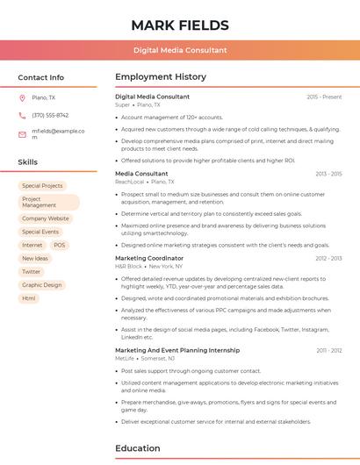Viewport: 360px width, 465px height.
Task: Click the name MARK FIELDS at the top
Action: (180, 25)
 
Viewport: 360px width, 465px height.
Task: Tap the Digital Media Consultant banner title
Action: (180, 50)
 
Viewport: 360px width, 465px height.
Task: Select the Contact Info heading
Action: (41, 77)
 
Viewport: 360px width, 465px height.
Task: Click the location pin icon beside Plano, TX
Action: (22, 97)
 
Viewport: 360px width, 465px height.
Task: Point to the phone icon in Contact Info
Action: (22, 115)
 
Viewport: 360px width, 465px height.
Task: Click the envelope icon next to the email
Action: (22, 134)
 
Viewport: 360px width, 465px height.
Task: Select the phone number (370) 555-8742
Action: (50, 115)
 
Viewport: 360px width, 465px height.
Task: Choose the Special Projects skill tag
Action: (42, 186)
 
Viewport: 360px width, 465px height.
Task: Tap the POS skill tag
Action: (60, 245)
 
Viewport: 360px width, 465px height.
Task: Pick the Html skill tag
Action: (29, 298)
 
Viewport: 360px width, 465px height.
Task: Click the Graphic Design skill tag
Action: (42, 285)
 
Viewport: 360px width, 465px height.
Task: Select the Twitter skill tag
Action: (32, 272)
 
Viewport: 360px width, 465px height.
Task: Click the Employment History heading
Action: (161, 77)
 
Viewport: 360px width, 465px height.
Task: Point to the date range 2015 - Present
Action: (324, 97)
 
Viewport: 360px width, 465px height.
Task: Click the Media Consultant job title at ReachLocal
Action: (140, 174)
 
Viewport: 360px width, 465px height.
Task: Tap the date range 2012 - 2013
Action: (328, 259)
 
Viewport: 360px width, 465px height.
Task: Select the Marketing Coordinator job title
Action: (149, 259)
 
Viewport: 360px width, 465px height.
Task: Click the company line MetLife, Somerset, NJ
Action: (145, 358)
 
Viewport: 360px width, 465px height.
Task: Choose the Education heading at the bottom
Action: (137, 448)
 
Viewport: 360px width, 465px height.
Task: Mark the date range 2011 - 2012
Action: (328, 350)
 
